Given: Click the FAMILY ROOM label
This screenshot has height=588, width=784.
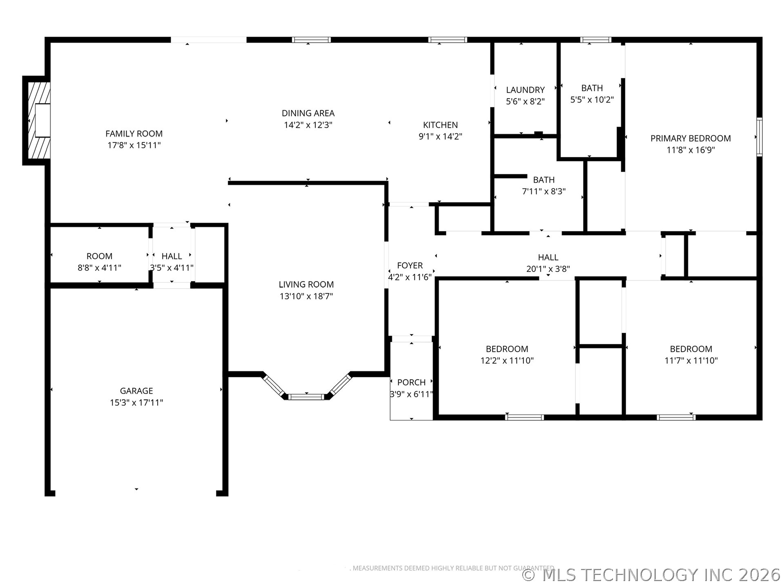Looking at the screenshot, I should pos(134,134).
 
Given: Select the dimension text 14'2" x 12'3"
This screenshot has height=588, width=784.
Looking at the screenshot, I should pos(308,125).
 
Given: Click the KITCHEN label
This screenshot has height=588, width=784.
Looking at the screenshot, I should pos(440,125).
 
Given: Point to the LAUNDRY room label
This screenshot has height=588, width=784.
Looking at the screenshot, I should pos(525,90).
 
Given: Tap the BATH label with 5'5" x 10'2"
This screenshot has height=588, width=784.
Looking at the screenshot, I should pos(592,88).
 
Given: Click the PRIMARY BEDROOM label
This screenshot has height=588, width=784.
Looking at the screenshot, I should pos(690,138).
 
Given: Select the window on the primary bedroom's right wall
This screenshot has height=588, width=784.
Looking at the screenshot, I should pos(759,137).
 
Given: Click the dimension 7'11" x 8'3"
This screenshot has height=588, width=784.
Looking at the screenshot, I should pos(543,191).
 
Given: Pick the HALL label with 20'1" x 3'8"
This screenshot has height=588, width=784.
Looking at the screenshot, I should pos(548,257).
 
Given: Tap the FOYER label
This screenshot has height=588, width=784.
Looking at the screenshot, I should pos(410,265).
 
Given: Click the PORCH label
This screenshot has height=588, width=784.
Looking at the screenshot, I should pos(411,382).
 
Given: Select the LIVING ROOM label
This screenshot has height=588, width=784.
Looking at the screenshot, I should pos(306,284).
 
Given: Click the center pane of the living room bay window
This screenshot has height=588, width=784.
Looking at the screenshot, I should pos(306,396).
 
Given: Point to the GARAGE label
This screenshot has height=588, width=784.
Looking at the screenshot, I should pos(136,391).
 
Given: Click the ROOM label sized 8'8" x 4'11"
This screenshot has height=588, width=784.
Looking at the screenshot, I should pos(99,256).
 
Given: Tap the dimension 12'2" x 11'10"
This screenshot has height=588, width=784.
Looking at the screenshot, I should pos(507,361).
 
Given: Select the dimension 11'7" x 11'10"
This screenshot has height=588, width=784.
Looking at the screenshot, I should pos(691,361).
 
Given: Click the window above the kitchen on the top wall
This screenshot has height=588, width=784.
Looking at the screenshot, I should pos(448,40).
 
